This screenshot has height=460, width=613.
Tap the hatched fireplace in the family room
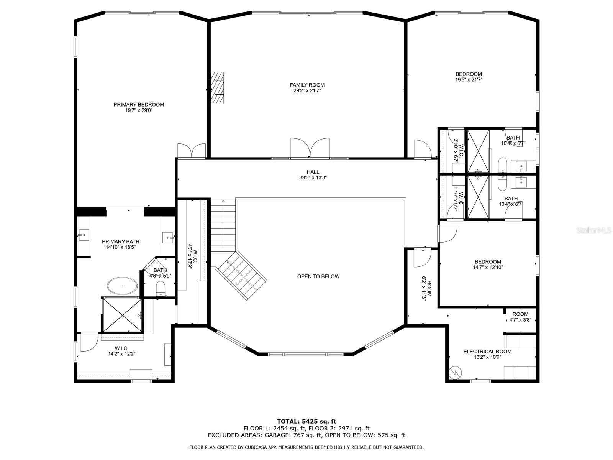coord(217,88)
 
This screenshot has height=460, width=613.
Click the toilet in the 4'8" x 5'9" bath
coord(161,289)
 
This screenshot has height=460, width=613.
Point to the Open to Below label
coord(318,276)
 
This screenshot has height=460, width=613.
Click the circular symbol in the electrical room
coord(455,372)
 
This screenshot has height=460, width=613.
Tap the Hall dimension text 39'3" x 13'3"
coord(313,177)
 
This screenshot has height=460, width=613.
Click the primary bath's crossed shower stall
coord(122,315)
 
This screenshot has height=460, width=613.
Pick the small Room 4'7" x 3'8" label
coord(520,317)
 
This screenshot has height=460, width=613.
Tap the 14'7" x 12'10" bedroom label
coord(488,264)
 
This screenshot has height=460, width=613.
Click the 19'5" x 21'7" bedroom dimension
coord(469,80)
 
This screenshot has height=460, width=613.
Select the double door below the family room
coord(310,148)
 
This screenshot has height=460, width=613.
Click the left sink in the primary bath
coord(84,235)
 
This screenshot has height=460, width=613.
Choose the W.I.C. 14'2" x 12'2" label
coord(121,351)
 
